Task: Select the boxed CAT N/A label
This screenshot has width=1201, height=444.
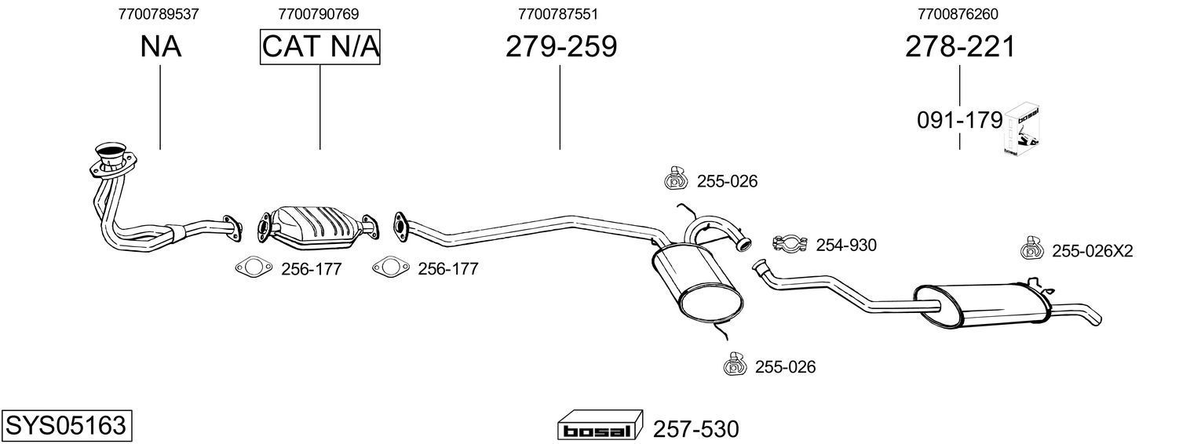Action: coord(320,47)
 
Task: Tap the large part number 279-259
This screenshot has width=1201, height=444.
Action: coord(560,47)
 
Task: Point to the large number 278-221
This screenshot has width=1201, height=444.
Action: coord(959,47)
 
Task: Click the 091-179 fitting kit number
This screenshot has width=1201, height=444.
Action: coord(959,121)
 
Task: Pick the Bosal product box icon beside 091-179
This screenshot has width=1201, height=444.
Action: coord(1024,129)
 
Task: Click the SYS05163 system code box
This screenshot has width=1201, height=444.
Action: coord(66,426)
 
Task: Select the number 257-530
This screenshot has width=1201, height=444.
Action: coord(695,429)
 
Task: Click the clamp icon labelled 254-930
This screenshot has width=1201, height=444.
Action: coord(790,245)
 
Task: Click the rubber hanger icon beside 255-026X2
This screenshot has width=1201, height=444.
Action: coord(1031,249)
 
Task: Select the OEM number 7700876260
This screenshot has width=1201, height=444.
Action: coord(958,13)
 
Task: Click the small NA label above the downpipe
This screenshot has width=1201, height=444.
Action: coord(160,47)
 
